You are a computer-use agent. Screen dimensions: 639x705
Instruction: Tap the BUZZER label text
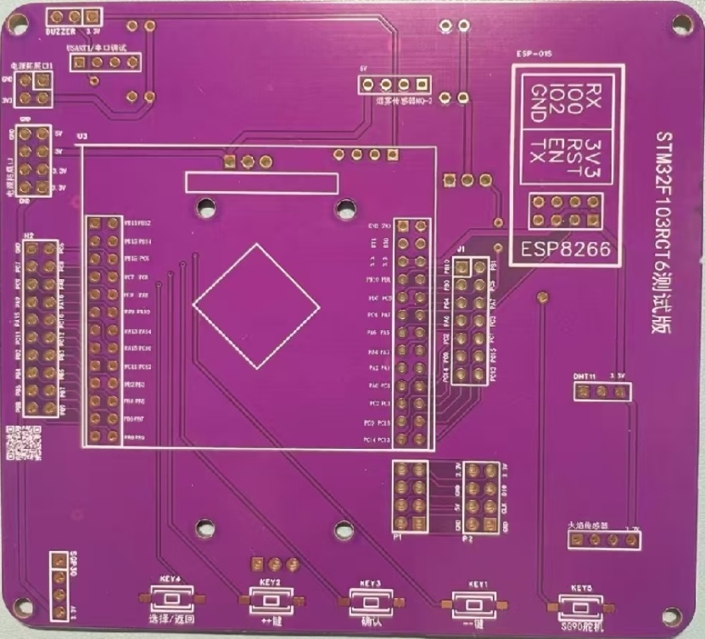tap(61, 30)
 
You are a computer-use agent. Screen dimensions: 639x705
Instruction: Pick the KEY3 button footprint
tap(370, 603)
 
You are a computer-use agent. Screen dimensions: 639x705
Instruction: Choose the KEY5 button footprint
tap(581, 608)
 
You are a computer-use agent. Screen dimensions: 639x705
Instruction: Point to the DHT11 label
tap(585, 375)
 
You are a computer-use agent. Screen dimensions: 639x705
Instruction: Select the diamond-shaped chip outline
tap(257, 306)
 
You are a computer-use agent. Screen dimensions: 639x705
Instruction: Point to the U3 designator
tap(81, 136)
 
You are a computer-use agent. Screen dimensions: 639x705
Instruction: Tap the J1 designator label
tap(461, 249)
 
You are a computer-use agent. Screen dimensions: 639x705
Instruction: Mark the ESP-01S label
tap(534, 53)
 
